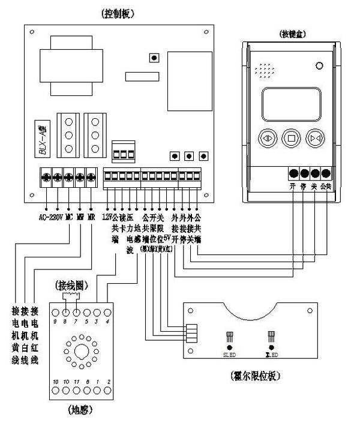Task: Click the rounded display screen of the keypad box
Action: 290,103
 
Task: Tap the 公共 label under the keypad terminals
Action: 326,187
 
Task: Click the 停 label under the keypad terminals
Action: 303,187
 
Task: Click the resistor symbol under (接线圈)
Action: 71,295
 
